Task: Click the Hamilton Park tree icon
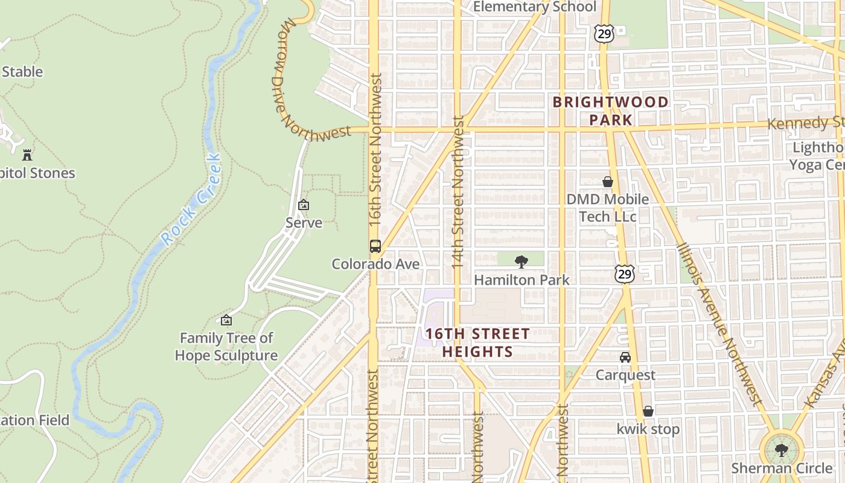(521, 261)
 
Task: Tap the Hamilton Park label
(521, 280)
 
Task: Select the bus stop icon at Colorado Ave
(375, 246)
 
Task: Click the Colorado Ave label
(375, 264)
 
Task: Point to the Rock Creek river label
(193, 199)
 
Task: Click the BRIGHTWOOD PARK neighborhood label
(611, 110)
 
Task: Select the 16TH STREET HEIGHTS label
(477, 342)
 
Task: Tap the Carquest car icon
(625, 357)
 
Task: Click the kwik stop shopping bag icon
(648, 411)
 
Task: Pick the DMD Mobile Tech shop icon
(607, 182)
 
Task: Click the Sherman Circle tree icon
(781, 450)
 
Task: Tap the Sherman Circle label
(781, 468)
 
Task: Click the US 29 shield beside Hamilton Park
(625, 274)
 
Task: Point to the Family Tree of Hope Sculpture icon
(226, 320)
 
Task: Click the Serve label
(304, 223)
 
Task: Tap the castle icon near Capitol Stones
(27, 155)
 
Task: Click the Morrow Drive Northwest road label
(302, 91)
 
